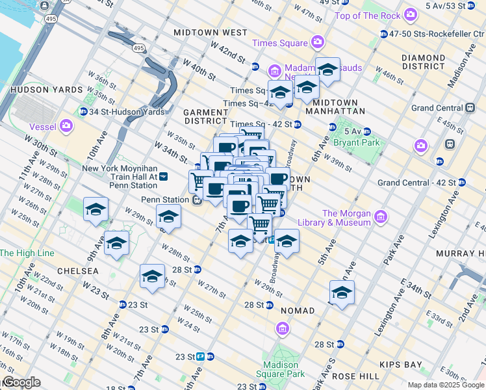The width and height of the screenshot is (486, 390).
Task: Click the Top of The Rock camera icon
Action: [x=410, y=14]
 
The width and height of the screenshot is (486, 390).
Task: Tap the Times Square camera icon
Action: [x=317, y=43]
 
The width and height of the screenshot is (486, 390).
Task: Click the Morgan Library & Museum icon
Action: [x=381, y=217]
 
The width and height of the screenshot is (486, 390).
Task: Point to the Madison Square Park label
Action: [x=284, y=369]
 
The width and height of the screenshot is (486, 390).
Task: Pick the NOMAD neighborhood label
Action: [x=297, y=311]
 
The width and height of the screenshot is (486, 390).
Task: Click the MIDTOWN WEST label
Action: [x=210, y=32]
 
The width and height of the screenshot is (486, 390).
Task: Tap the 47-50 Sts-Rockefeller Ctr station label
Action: [x=431, y=33]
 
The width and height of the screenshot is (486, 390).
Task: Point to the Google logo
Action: [x=21, y=382]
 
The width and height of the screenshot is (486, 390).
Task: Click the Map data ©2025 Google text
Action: [x=445, y=385]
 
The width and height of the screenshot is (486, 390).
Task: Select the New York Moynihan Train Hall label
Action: [x=120, y=172]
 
